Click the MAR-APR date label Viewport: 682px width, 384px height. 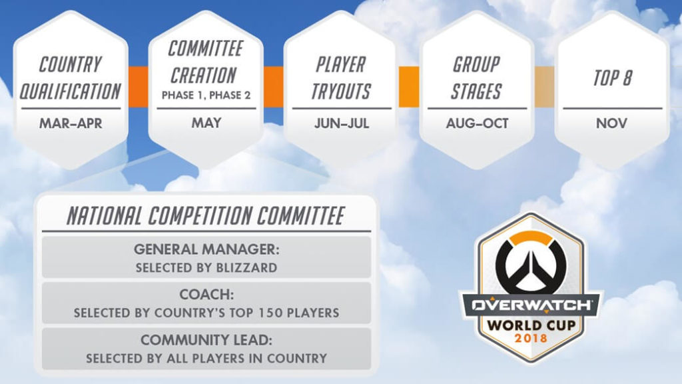point(70,123)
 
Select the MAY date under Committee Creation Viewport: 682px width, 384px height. point(206,123)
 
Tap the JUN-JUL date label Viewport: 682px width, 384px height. point(342,123)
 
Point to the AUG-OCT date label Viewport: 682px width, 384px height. point(477,123)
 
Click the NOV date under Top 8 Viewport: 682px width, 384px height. point(611,123)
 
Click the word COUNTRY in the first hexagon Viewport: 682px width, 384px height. point(70,65)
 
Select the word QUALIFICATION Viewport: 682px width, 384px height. point(70,91)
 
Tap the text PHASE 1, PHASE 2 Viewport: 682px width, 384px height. point(206,95)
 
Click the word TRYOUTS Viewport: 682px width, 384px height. point(341,91)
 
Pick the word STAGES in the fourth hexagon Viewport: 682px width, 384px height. point(476,91)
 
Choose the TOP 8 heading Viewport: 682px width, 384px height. point(612,78)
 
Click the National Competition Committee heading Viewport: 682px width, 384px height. point(206,216)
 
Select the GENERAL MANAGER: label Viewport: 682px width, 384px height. point(206,249)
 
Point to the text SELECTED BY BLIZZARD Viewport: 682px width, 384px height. point(206,268)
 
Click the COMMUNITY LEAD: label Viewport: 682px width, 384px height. point(206,340)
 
